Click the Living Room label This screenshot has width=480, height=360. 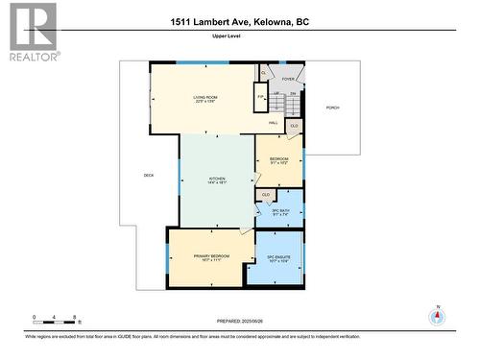point(204,98)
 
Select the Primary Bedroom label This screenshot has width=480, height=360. point(210,258)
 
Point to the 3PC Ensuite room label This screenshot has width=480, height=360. point(279,259)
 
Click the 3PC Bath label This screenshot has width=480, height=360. point(279,213)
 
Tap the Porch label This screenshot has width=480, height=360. point(333,108)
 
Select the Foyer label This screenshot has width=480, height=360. point(288,80)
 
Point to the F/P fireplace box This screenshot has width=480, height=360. point(260,98)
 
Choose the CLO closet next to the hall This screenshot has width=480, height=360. point(294,126)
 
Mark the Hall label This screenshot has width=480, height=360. point(274,124)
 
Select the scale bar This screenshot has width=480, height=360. point(56,320)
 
